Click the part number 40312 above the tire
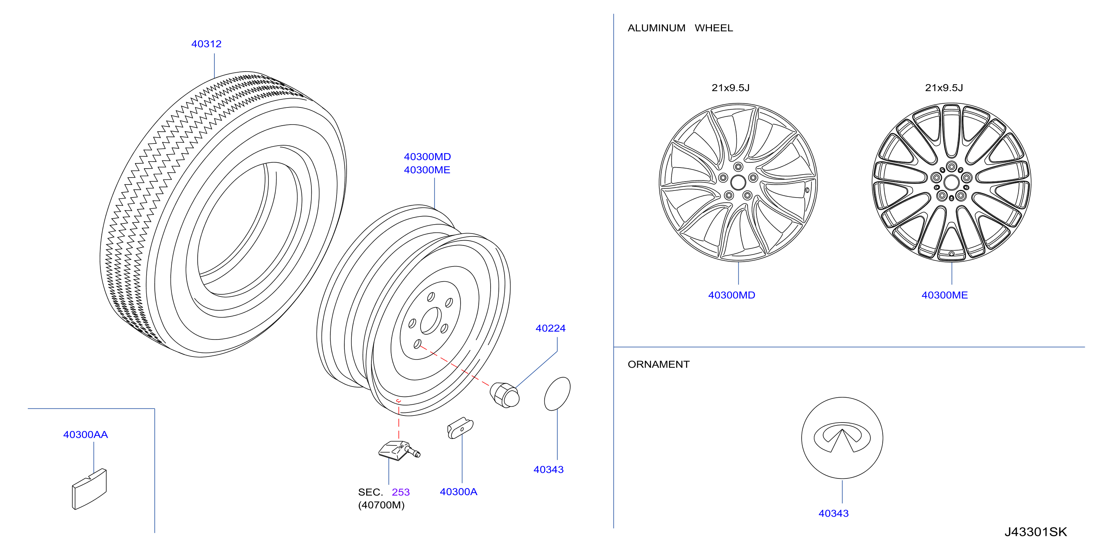click(x=206, y=44)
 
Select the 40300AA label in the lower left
click(x=86, y=434)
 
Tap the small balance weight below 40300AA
click(x=89, y=489)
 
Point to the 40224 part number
click(x=551, y=328)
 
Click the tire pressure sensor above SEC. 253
click(x=399, y=451)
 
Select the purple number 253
click(x=401, y=492)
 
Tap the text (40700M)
click(x=381, y=505)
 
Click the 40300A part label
click(x=458, y=491)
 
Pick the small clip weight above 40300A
click(x=460, y=428)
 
